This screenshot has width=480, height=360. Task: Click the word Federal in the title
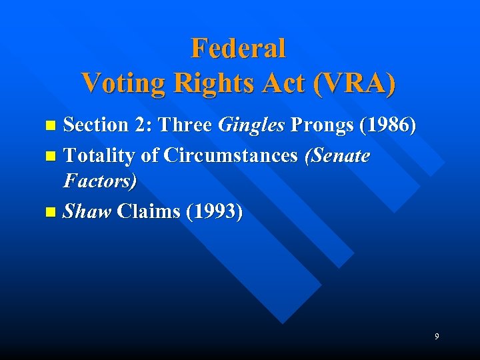238,49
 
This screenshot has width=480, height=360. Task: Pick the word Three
189,125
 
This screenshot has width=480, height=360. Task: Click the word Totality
101,156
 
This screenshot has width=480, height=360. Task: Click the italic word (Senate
337,156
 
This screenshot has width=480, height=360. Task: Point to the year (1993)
215,212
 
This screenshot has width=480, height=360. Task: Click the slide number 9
437,337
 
